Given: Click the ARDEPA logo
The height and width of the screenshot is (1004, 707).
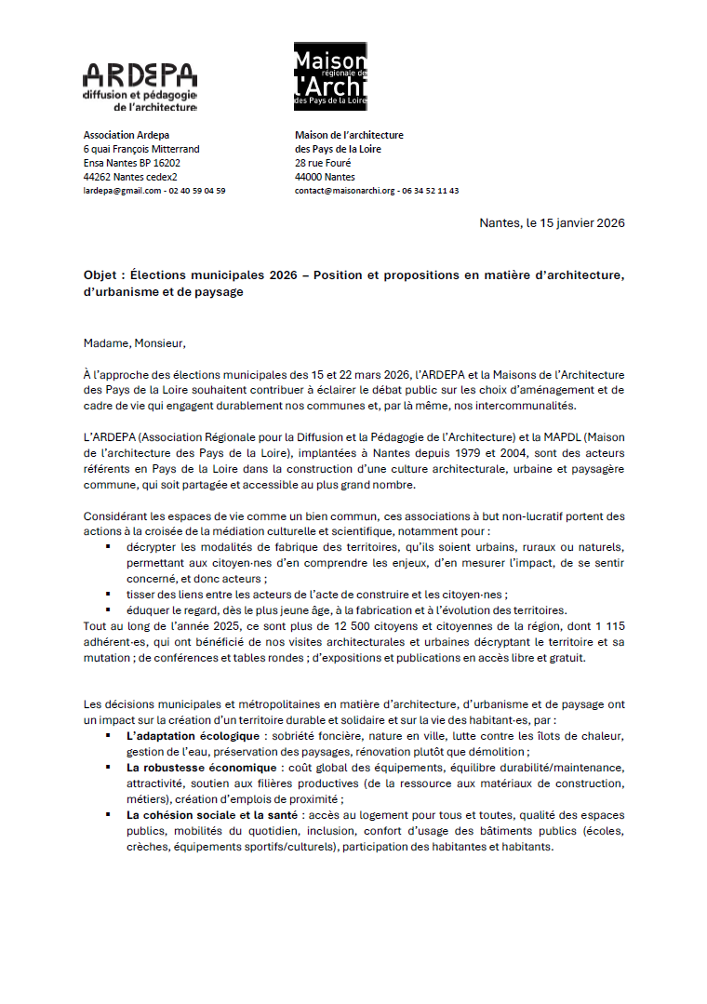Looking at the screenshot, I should pos(140,87).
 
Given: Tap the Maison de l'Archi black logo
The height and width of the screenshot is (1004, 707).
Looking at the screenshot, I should pos(331,74).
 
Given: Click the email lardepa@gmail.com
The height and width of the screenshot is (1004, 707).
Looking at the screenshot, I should pos(122,191).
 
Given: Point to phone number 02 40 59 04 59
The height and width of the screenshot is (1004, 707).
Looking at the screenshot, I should pos(196,191).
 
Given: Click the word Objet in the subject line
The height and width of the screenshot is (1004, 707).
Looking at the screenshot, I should pos(100,276).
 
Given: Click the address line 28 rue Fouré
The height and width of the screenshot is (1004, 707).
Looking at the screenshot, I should pos(323,163).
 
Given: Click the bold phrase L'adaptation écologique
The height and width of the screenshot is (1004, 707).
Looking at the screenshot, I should pos(180,736).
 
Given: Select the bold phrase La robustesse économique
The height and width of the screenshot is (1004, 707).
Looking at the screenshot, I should pos(202,768).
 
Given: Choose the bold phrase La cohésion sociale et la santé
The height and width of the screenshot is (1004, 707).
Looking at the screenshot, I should pos(211,814).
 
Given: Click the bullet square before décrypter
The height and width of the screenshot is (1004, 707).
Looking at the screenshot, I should pos(108,547).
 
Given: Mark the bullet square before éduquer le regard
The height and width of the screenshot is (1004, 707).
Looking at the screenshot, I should pos(108,609).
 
